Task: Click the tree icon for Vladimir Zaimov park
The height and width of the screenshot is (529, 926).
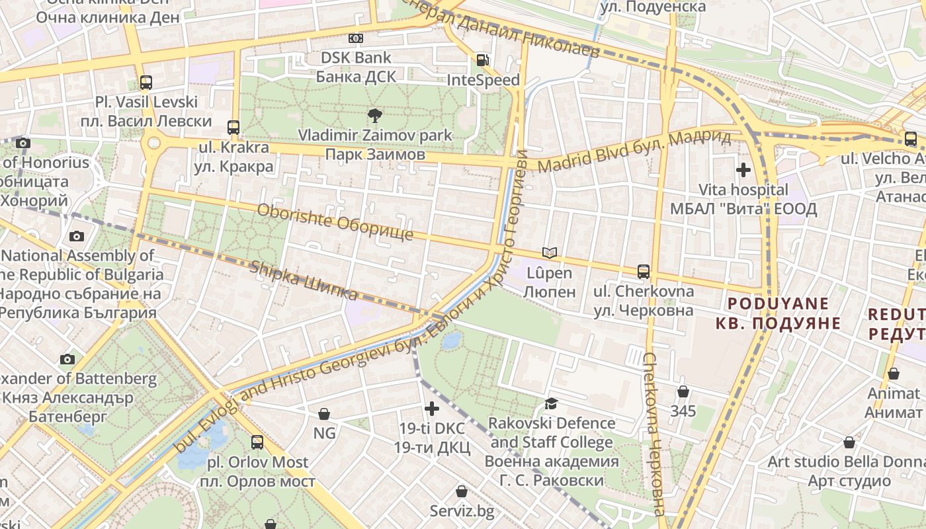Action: (374, 116)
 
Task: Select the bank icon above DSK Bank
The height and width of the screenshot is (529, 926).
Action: (356, 38)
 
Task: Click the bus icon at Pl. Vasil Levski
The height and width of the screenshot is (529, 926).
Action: (146, 83)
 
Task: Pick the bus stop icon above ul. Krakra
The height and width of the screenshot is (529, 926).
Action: (233, 127)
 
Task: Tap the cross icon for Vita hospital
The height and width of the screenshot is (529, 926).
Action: (743, 170)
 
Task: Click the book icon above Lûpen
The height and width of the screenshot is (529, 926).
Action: (549, 253)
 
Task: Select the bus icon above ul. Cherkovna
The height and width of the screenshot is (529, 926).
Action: (644, 271)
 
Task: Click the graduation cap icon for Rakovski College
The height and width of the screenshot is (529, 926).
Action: (551, 403)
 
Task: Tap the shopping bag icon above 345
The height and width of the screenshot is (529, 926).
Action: (683, 391)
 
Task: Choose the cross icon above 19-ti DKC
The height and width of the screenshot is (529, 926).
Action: (432, 409)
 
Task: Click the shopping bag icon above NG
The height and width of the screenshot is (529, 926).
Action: (324, 414)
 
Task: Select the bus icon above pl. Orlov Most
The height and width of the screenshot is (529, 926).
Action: (257, 442)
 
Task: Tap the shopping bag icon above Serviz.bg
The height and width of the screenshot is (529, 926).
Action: (462, 491)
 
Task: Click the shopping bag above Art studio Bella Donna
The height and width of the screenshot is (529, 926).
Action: (849, 442)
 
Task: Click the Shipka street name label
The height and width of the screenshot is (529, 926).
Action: (304, 280)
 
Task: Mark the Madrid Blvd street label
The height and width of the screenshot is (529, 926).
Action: (634, 151)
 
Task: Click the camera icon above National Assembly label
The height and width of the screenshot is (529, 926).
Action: (77, 236)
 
